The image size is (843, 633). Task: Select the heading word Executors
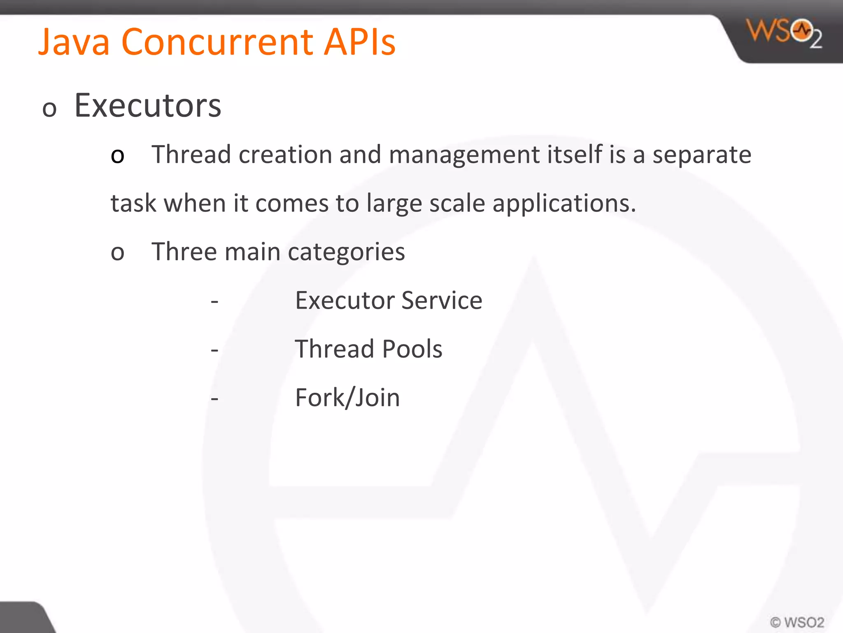click(148, 106)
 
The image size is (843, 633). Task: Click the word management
click(464, 155)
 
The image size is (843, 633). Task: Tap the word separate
click(702, 155)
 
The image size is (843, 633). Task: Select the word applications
click(564, 204)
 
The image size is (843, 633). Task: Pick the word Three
click(184, 252)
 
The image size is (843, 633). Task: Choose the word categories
click(346, 253)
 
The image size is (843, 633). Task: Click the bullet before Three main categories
click(117, 253)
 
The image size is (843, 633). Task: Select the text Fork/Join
click(347, 398)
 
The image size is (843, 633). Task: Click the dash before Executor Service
click(214, 302)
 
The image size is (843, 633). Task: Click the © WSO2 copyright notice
click(797, 622)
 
